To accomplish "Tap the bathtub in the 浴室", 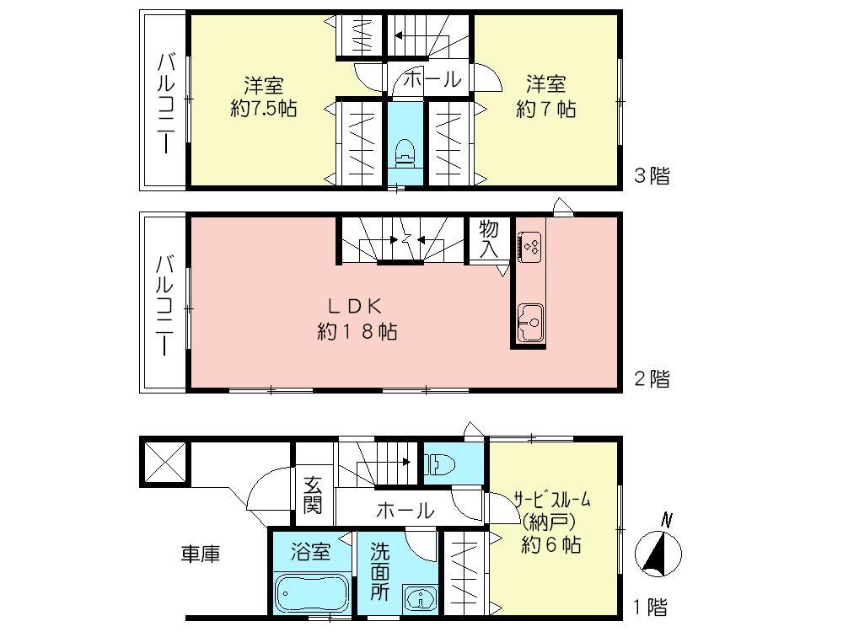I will click(311, 593).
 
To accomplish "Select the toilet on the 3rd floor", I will click(406, 153).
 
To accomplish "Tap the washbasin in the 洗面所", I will click(418, 598).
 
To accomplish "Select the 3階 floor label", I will click(652, 176).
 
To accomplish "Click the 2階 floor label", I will click(652, 378).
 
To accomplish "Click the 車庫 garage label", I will click(201, 554).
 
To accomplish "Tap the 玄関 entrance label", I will click(314, 495).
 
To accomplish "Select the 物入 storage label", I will click(489, 239).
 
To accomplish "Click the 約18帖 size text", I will click(357, 332).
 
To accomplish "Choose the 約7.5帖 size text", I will click(263, 109).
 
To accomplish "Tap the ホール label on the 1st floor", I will click(405, 510).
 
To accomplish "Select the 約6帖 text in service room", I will click(550, 544).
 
